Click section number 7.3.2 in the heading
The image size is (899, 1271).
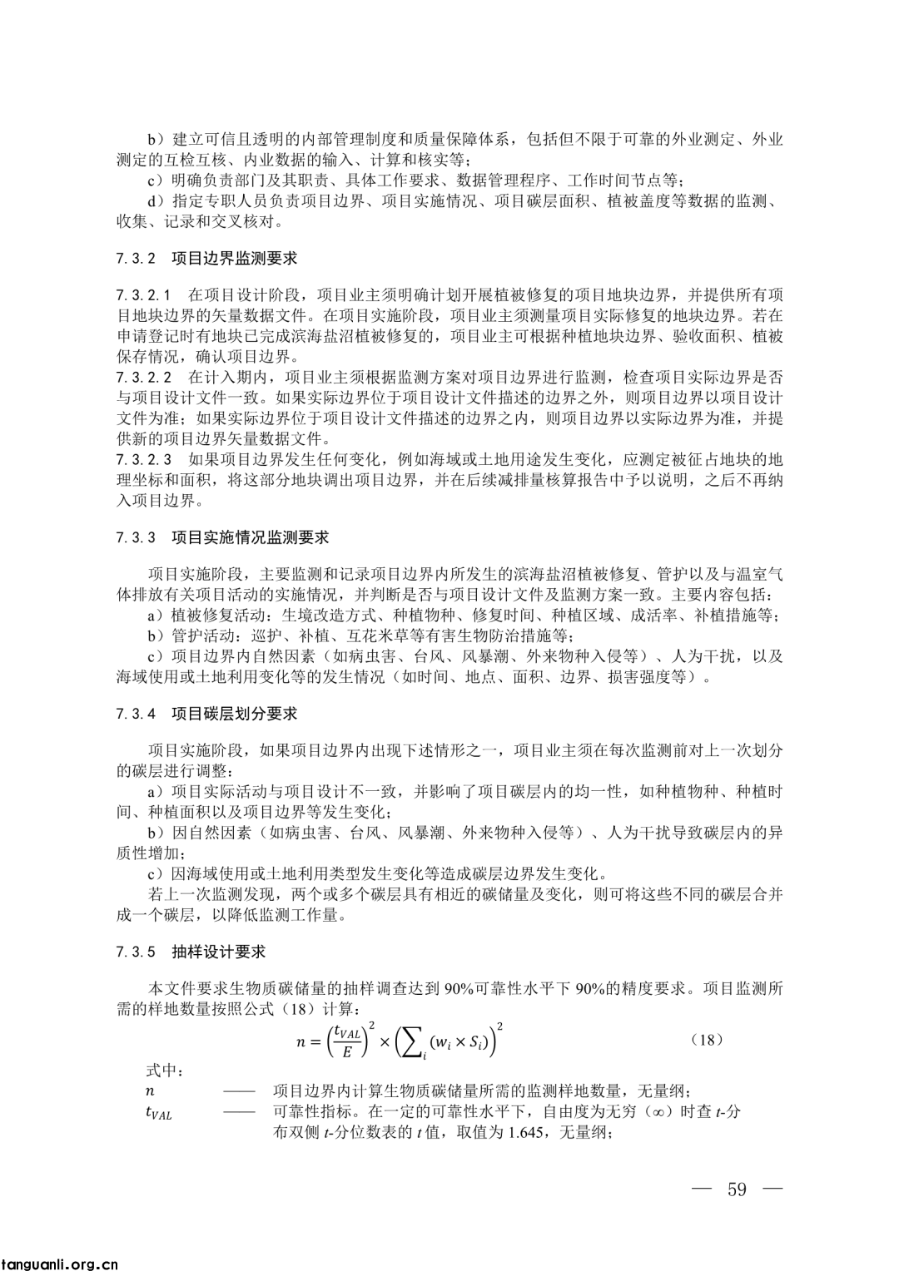point(137,259)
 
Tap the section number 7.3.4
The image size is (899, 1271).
point(137,714)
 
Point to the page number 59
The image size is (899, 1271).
point(737,1188)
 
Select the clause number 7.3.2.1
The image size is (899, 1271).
point(144,295)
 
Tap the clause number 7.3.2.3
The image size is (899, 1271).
point(144,459)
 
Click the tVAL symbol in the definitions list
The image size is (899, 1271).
point(157,1112)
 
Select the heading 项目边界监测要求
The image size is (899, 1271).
point(234,259)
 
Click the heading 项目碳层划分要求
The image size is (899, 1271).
point(234,714)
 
